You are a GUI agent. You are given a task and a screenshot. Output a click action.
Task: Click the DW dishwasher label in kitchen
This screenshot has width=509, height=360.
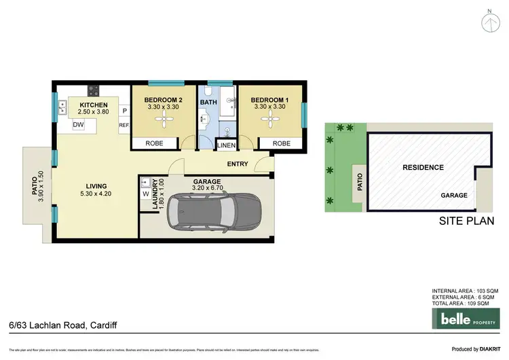click(79, 125)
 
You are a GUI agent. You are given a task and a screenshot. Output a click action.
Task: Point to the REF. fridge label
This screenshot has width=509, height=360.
click(124, 125)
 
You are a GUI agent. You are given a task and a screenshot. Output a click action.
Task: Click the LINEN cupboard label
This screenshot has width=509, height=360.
click(226, 144)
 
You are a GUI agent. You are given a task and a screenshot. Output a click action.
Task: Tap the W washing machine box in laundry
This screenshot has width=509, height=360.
click(145, 193)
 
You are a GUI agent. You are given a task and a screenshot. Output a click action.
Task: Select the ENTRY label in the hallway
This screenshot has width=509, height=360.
click(238, 163)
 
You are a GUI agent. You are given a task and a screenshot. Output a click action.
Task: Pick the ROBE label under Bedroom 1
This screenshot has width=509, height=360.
click(281, 143)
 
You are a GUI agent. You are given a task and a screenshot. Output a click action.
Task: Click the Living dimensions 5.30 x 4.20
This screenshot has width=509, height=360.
click(96, 194)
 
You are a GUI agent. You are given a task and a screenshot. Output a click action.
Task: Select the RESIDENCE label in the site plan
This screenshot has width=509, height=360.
click(423, 167)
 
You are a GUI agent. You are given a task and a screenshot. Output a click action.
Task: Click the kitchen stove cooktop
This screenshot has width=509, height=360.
click(92, 90)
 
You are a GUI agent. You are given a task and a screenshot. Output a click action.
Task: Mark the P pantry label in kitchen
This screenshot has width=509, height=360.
click(124, 111)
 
